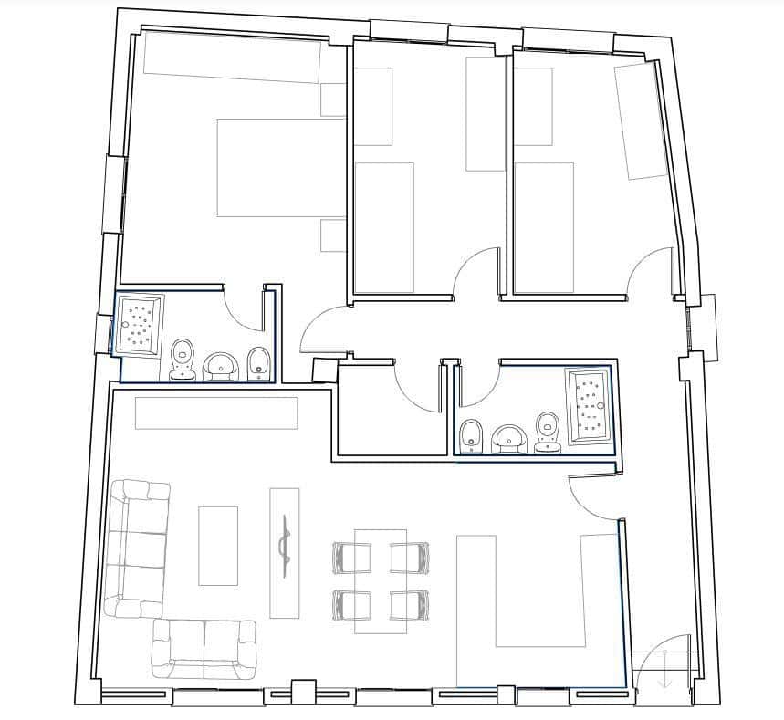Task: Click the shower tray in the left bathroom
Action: point(139,323)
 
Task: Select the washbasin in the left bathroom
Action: point(220,366)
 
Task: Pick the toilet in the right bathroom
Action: point(548,431)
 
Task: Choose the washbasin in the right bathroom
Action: point(509,439)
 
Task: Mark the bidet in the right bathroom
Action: point(472,435)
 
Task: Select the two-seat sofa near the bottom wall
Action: point(204,648)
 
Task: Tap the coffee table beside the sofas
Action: point(218,546)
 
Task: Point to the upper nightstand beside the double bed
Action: point(333,99)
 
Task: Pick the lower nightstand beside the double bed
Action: point(333,235)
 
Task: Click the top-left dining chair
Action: point(351,557)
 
